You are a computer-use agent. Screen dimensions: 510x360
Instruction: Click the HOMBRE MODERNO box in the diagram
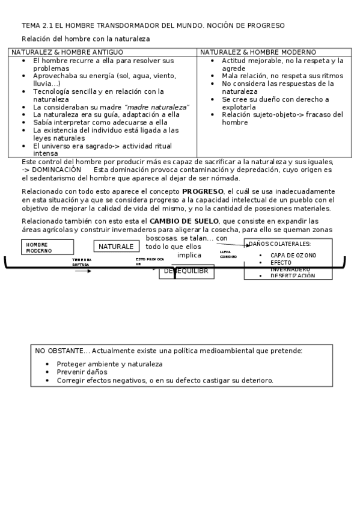click(47, 247)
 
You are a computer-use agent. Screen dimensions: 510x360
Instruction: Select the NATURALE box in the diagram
click(116, 247)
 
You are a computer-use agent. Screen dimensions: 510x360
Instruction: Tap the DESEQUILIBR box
click(186, 271)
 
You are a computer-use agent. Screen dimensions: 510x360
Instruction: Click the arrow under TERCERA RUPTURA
click(83, 271)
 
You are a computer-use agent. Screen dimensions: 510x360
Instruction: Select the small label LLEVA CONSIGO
click(228, 254)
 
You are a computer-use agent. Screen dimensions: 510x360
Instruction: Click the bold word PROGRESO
click(203, 192)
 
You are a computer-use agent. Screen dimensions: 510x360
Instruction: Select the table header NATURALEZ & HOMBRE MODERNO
click(258, 52)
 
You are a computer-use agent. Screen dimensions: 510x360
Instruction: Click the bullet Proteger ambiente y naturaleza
click(109, 364)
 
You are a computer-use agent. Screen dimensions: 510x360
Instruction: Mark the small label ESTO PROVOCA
click(150, 261)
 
